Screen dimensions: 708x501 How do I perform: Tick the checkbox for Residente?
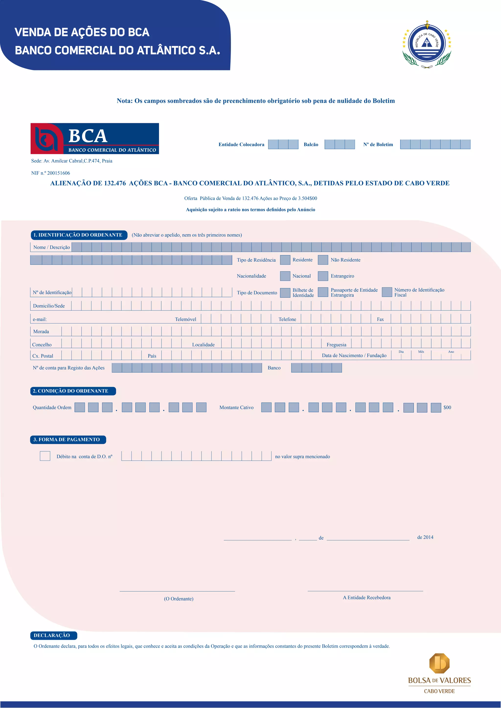[285, 260]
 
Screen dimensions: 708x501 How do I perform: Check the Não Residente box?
[323, 260]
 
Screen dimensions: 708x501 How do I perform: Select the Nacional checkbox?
[285, 276]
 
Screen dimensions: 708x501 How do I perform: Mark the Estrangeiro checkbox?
[323, 276]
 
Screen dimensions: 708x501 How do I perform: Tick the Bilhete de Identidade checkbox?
[285, 293]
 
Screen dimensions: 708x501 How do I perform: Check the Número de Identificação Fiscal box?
[387, 292]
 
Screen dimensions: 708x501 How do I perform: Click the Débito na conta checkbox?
[45, 456]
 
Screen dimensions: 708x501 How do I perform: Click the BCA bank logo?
[95, 138]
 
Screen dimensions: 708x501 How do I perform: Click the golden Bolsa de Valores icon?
[439, 663]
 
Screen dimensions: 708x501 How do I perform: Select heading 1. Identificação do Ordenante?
[79, 235]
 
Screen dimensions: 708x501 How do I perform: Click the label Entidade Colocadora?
[241, 144]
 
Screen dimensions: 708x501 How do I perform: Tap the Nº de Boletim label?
[378, 144]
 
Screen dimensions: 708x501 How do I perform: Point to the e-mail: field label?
[40, 319]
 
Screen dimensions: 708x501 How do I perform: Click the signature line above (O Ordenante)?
[177, 591]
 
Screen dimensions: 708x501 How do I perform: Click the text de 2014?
[425, 537]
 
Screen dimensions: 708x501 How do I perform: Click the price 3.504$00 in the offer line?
[307, 198]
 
